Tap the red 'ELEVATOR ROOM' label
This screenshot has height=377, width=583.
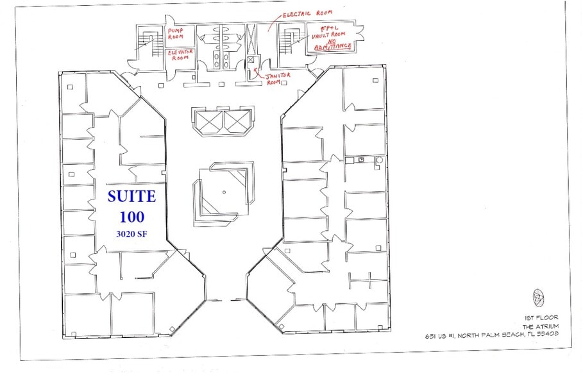point(182,55)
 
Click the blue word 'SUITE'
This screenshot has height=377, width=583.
point(131,195)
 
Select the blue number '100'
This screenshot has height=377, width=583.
point(131,216)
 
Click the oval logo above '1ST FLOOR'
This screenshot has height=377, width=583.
point(537,297)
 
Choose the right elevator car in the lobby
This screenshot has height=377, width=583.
point(235,121)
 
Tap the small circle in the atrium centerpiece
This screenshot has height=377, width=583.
point(224,191)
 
